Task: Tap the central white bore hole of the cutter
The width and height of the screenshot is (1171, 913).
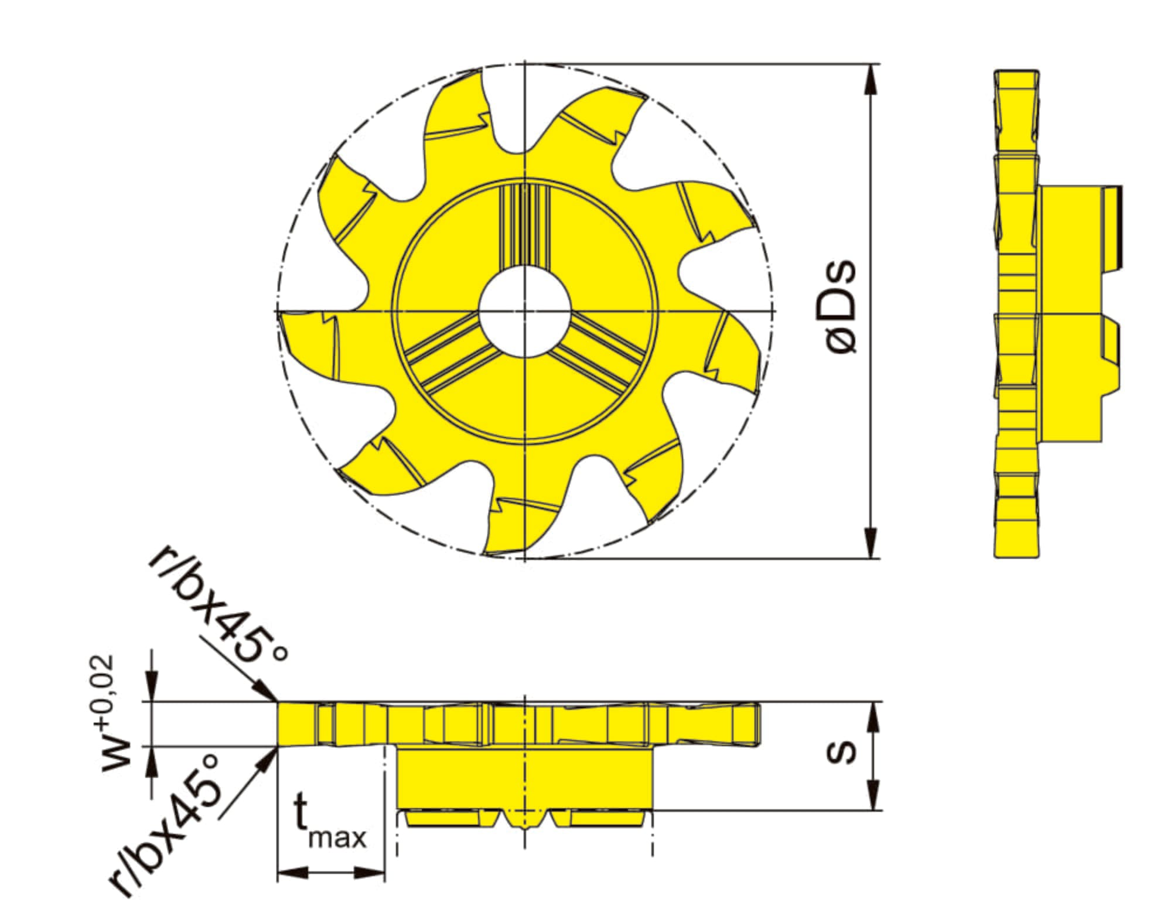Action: click(525, 310)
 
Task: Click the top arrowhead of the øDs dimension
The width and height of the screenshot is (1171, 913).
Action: click(872, 78)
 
